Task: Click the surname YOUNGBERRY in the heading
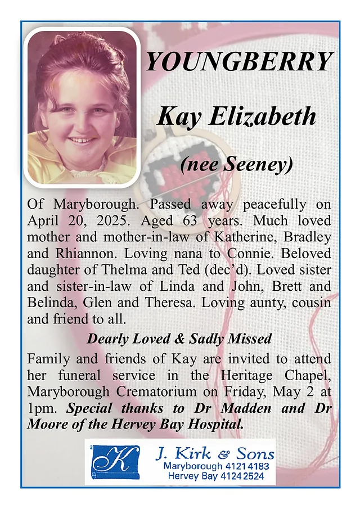(x=239, y=61)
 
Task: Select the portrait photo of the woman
(x=82, y=107)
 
